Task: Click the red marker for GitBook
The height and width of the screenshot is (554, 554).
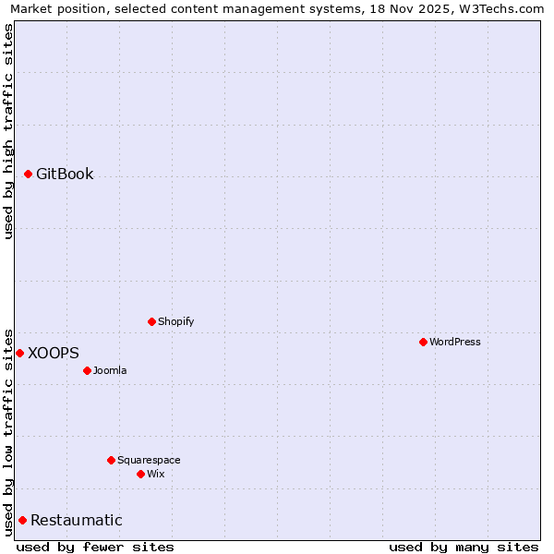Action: click(28, 174)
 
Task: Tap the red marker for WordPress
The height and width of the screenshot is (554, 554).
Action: click(423, 342)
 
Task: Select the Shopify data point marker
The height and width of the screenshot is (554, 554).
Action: click(151, 321)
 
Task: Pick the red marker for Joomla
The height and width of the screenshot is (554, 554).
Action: click(87, 370)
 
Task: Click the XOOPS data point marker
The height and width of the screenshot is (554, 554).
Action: click(19, 353)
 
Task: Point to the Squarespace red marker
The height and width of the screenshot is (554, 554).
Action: click(111, 460)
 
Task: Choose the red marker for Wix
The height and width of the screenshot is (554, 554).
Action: click(140, 474)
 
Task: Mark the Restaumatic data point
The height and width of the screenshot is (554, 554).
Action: click(22, 520)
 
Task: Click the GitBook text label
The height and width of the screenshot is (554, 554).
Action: click(65, 174)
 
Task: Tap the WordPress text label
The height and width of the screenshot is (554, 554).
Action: click(455, 342)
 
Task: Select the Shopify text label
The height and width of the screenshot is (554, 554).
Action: click(175, 321)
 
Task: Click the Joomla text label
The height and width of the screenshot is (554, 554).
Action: click(110, 370)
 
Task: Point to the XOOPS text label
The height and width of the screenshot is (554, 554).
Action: click(54, 353)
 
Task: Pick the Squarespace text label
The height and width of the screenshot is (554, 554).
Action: click(149, 460)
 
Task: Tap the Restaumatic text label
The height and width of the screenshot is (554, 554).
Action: click(77, 520)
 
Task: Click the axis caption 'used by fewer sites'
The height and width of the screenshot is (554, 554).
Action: click(95, 547)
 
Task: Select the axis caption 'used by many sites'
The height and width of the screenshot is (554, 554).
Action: click(464, 547)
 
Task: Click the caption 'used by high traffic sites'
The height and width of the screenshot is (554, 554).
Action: click(8, 131)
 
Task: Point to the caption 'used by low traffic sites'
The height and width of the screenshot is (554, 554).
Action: click(8, 431)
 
